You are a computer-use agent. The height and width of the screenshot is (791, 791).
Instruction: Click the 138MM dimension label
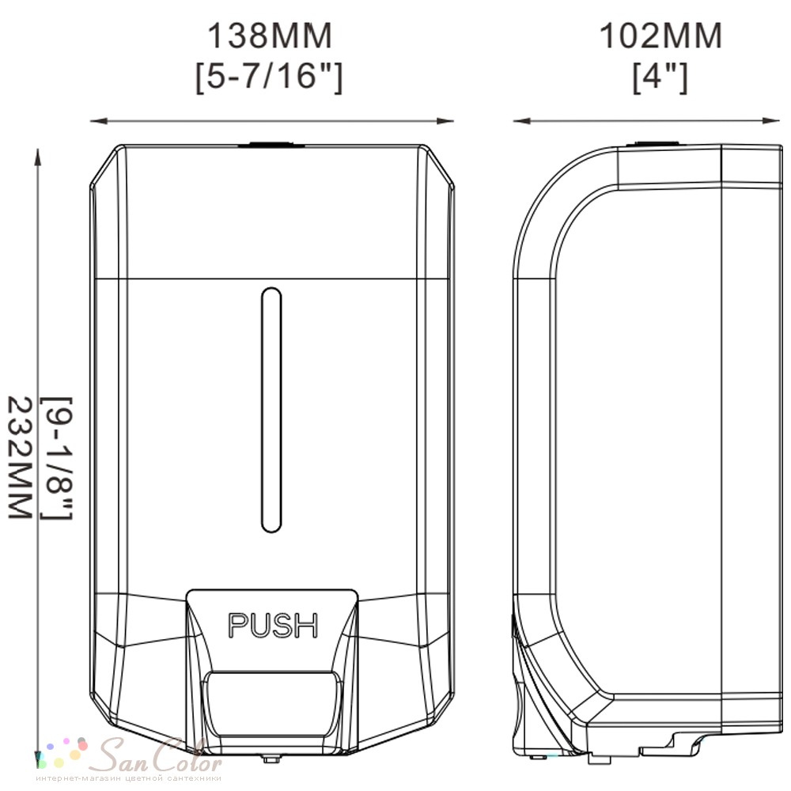tap(271, 36)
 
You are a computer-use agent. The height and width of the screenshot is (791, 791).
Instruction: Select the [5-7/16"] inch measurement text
tap(270, 77)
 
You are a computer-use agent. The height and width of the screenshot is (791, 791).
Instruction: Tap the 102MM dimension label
tap(660, 36)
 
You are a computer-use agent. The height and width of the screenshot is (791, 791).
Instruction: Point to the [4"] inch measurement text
tap(660, 78)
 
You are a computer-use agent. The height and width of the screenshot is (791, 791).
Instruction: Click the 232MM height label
tap(21, 458)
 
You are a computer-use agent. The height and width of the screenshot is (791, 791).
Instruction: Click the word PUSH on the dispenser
tap(273, 626)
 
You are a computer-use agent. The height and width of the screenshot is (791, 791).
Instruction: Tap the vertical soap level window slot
tap(271, 410)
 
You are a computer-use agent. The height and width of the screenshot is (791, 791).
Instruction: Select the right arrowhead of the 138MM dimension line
tap(445, 121)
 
